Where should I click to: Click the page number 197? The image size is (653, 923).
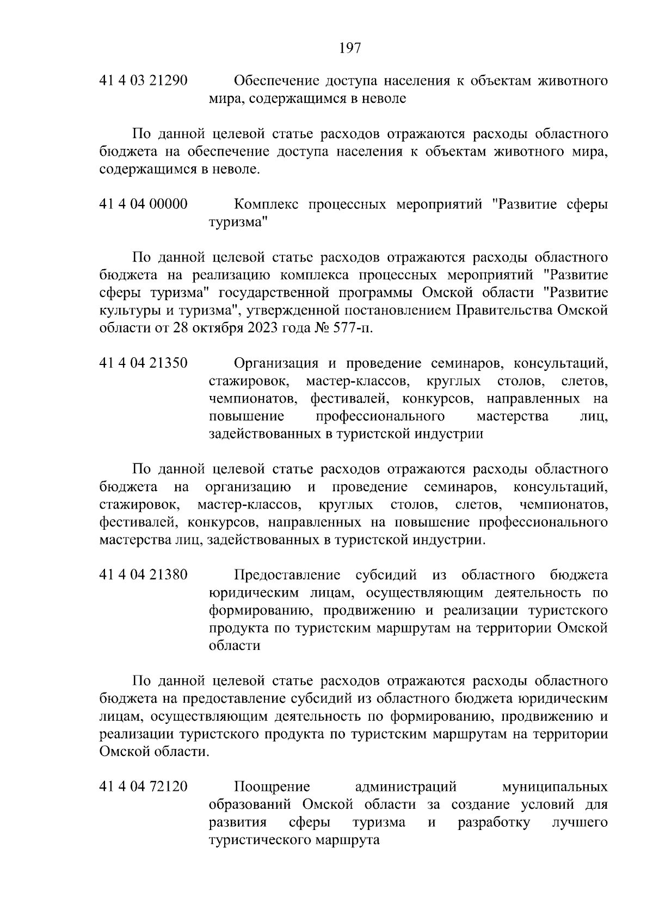pyautogui.click(x=350, y=48)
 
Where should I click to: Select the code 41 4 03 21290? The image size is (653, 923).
pyautogui.click(x=144, y=81)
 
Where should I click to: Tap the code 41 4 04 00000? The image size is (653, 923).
pyautogui.click(x=144, y=205)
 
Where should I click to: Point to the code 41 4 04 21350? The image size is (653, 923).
pyautogui.click(x=144, y=363)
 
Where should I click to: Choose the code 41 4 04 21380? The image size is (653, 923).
pyautogui.click(x=144, y=575)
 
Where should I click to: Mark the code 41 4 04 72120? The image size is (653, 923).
pyautogui.click(x=144, y=786)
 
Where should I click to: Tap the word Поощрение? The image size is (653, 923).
pyautogui.click(x=272, y=786)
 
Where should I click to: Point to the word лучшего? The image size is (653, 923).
pyautogui.click(x=580, y=822)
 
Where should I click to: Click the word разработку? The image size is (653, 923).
pyautogui.click(x=494, y=822)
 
